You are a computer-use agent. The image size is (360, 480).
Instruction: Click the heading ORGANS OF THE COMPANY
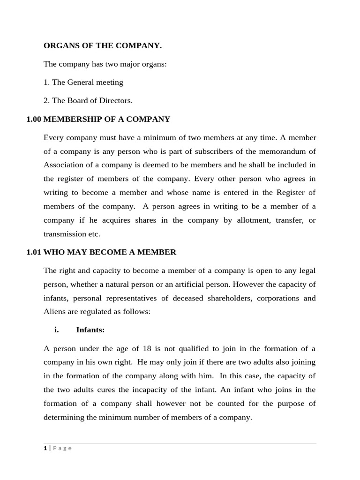102,45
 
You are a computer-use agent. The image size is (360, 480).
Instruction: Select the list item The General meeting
87,82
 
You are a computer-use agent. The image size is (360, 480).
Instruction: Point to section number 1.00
34,119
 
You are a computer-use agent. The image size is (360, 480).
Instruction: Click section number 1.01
34,252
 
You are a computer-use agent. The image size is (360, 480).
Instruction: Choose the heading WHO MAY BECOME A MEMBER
110,252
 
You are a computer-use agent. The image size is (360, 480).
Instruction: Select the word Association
64,165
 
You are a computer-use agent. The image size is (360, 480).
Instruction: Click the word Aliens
55,312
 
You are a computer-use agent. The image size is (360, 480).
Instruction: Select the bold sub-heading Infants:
90,330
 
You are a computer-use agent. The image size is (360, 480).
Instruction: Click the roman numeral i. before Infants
57,330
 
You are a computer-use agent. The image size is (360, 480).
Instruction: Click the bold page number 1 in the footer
45,448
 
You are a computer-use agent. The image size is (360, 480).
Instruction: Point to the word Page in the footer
62,448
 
